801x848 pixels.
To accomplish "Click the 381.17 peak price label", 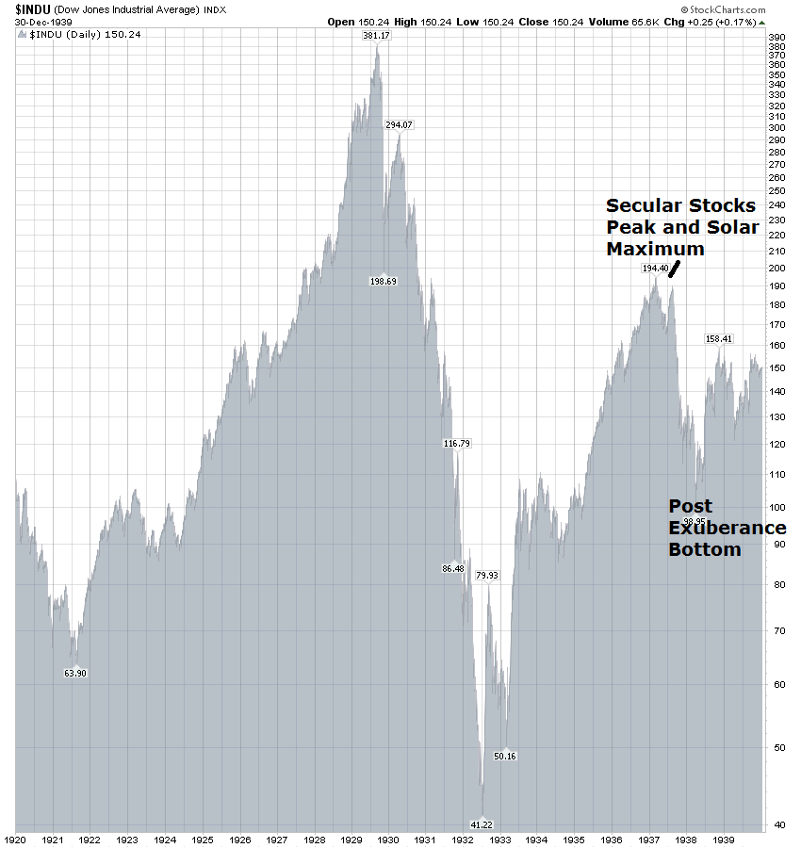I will (x=376, y=36).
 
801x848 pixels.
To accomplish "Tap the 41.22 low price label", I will (x=481, y=825).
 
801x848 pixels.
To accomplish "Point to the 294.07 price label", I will (x=399, y=125).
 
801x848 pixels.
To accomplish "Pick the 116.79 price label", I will (x=456, y=443).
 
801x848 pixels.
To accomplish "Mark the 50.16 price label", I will (x=505, y=756).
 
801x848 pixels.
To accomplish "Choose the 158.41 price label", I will (x=719, y=338).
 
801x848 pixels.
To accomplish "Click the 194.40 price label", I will (x=655, y=268).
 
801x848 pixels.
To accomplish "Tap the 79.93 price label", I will (x=487, y=575).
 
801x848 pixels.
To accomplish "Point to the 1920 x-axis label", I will (x=16, y=839).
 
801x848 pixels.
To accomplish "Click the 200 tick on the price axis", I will (x=777, y=269).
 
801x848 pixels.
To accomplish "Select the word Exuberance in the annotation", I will (x=727, y=528).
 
